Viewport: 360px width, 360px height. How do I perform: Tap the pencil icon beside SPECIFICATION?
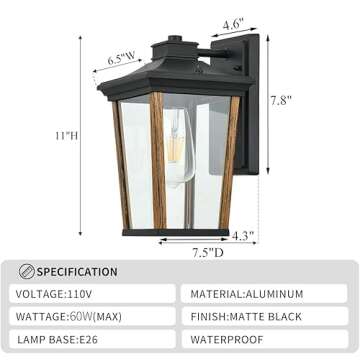(28, 271)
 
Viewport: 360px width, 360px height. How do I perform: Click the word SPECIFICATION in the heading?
(78, 271)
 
